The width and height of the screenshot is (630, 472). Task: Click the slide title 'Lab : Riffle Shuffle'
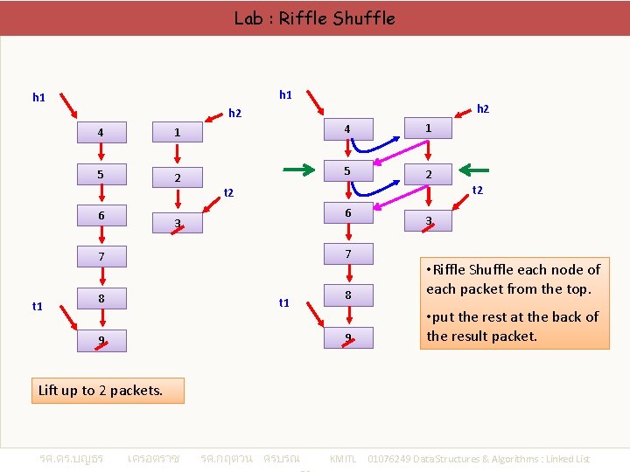(314, 17)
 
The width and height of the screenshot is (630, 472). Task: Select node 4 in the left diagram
(101, 132)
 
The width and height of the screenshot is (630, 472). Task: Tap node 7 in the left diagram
(101, 257)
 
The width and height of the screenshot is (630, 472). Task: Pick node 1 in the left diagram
(177, 132)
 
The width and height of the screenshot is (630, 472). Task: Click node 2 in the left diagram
(177, 178)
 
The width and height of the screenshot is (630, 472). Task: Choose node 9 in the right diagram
(347, 337)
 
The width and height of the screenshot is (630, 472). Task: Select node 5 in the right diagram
(347, 170)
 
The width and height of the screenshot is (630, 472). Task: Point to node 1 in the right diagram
(428, 128)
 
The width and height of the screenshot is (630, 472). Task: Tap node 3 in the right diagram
(428, 221)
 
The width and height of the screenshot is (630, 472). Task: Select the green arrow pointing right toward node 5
(297, 170)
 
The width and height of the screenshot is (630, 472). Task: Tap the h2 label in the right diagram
(483, 109)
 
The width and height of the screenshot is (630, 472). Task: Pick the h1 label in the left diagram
(38, 97)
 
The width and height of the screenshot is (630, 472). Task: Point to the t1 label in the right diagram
(283, 302)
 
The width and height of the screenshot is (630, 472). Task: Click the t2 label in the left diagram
(229, 192)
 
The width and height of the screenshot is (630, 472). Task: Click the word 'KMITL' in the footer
(342, 459)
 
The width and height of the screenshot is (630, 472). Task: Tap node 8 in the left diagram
(101, 299)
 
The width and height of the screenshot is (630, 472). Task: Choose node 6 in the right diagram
(347, 213)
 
